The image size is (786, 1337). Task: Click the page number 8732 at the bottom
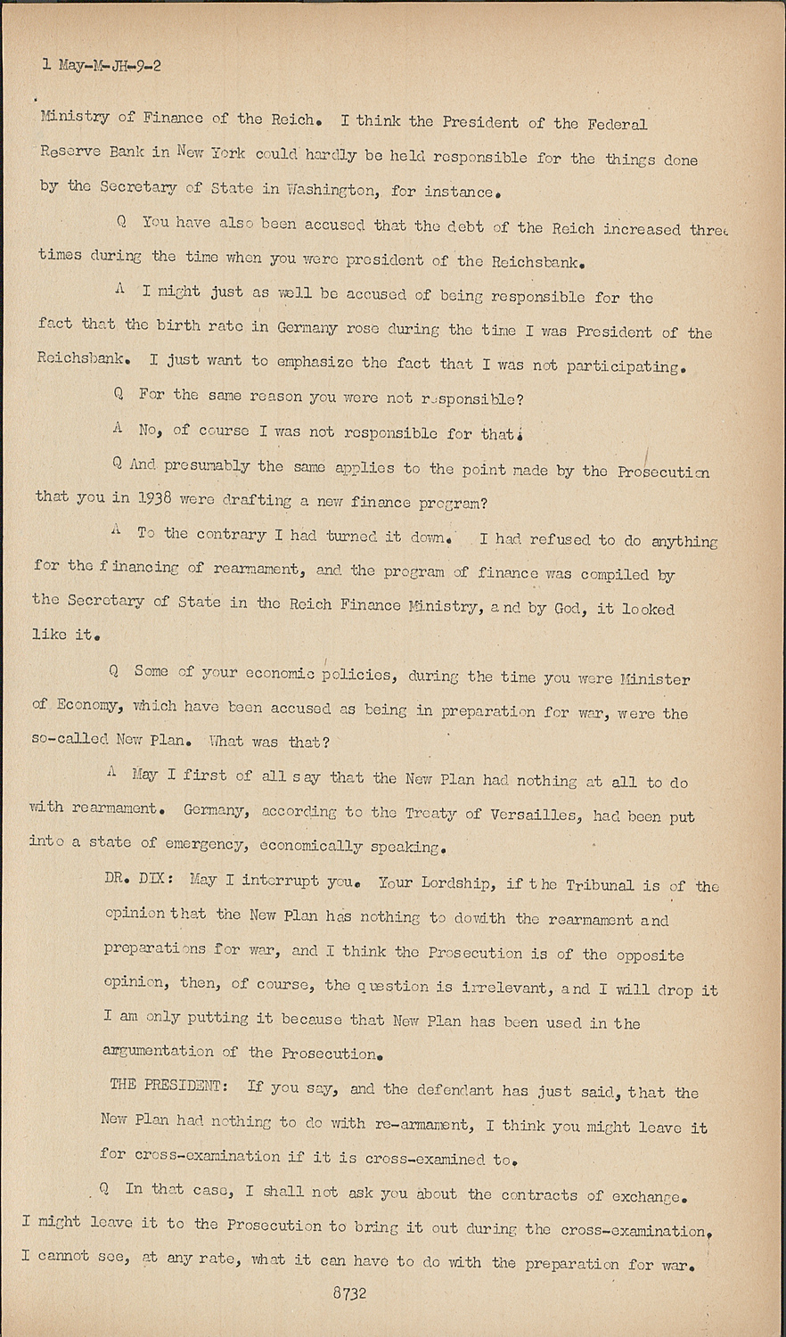(349, 1294)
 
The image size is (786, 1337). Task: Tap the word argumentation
(159, 1052)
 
